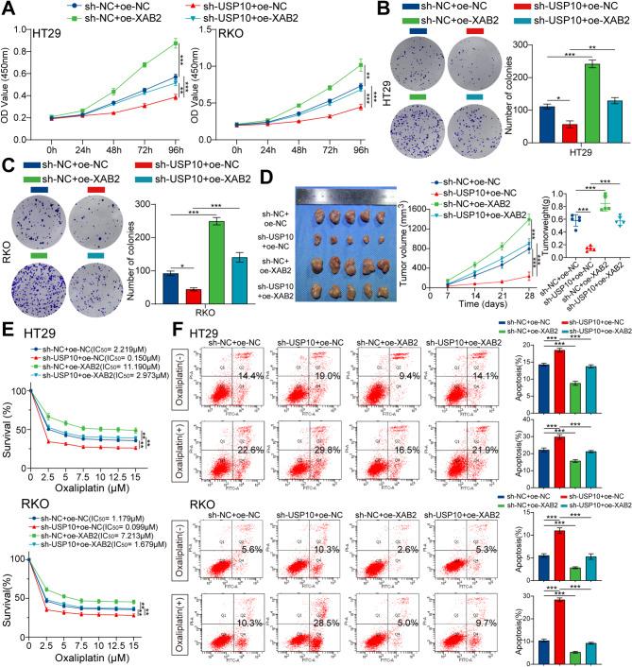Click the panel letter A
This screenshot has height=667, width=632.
click(9, 9)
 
